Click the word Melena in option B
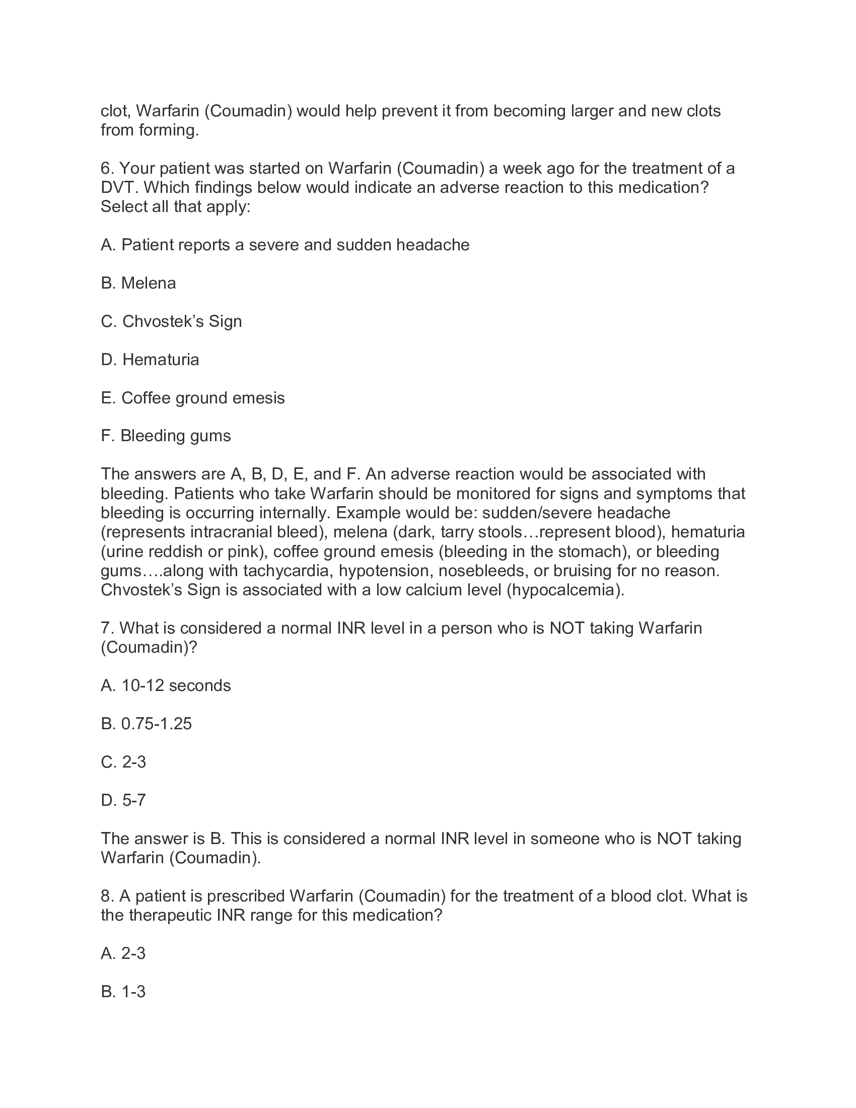click(x=148, y=283)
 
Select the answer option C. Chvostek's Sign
click(x=171, y=322)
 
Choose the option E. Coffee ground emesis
click(x=193, y=398)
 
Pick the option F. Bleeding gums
click(x=166, y=436)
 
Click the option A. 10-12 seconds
click(x=166, y=686)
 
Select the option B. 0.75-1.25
click(x=147, y=724)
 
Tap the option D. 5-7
click(x=123, y=801)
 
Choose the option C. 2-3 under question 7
click(x=123, y=763)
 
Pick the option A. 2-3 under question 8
click(x=123, y=954)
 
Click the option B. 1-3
click(x=123, y=992)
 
